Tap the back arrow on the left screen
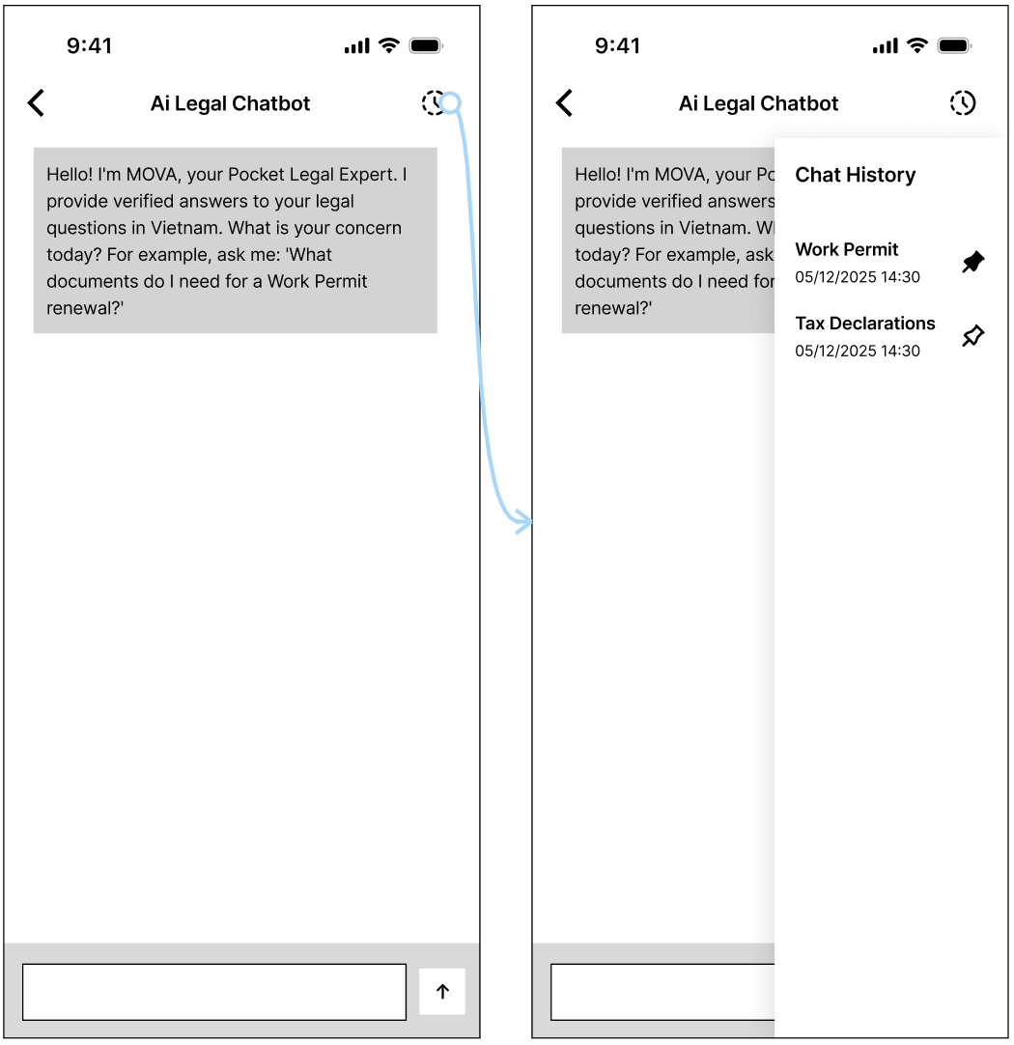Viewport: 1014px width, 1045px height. tap(36, 103)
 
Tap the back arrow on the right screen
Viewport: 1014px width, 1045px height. tap(564, 103)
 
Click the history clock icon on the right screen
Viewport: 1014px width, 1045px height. tap(963, 103)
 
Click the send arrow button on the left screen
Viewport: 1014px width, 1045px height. tap(442, 992)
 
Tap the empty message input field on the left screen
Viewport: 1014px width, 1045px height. tap(214, 992)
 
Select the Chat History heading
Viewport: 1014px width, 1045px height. tap(856, 175)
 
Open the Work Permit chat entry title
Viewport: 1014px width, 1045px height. tap(847, 249)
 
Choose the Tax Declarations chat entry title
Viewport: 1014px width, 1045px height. tap(864, 324)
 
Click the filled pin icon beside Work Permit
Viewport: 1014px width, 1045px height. tap(973, 261)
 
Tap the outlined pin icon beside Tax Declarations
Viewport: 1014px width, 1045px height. tap(973, 335)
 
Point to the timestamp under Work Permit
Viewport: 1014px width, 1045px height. tap(858, 277)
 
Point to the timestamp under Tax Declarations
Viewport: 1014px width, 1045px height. tap(858, 352)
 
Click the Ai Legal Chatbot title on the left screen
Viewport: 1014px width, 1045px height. tap(231, 104)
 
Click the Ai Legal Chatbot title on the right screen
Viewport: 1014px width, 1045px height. tap(759, 104)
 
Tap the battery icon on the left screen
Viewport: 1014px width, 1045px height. tap(427, 46)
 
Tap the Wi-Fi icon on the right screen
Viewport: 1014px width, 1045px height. tap(917, 45)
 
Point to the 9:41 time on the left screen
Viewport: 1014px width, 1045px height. tap(89, 46)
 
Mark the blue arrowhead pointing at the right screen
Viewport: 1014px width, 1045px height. tap(523, 522)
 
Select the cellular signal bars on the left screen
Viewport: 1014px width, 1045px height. tap(357, 46)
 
